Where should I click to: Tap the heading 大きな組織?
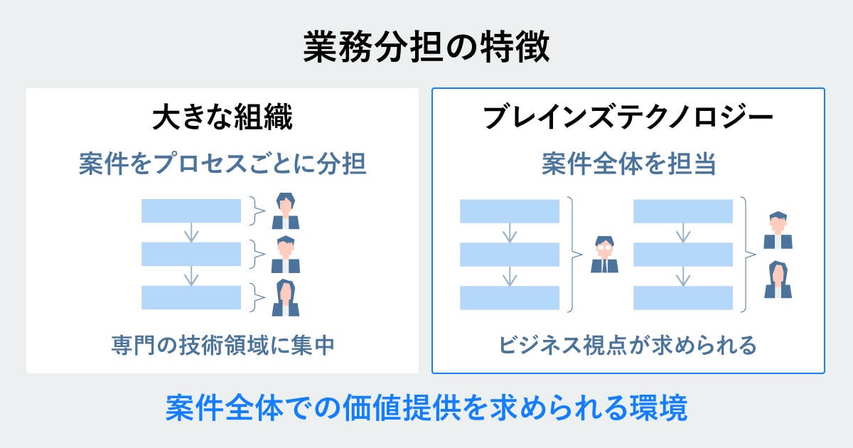point(222,119)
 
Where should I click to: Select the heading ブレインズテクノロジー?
point(628,119)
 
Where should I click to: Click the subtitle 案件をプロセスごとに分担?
point(222,165)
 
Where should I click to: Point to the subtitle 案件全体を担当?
point(628,165)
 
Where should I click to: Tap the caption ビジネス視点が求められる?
point(628,346)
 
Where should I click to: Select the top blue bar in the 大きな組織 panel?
point(191,210)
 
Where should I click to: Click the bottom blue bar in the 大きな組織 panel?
point(191,297)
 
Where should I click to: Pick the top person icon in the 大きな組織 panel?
point(286,210)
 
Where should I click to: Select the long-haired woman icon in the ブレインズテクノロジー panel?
point(778,279)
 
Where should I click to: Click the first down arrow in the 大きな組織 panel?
point(191,232)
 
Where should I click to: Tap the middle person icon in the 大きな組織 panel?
point(286,254)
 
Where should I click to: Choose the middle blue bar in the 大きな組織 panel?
point(191,254)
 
